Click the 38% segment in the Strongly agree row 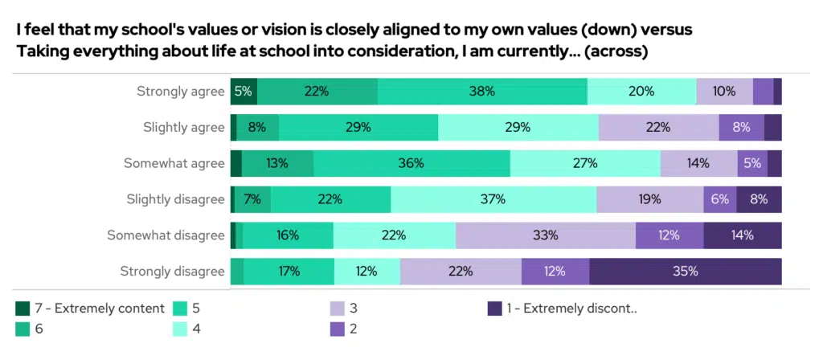click(482, 92)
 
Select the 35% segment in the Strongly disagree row click(685, 271)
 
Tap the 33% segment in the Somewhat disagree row click(546, 235)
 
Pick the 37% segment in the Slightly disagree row click(493, 199)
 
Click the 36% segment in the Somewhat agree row click(411, 163)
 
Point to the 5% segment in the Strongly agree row click(244, 92)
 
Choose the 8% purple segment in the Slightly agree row click(741, 127)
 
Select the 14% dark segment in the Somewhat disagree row click(742, 235)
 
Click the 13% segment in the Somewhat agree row click(277, 163)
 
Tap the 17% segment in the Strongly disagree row click(288, 271)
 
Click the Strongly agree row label click(180, 92)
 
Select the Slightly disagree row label click(175, 199)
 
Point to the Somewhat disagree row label click(166, 235)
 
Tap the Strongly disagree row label click(172, 271)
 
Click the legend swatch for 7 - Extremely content click(23, 309)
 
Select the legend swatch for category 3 click(338, 309)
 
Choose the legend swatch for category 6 click(23, 329)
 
